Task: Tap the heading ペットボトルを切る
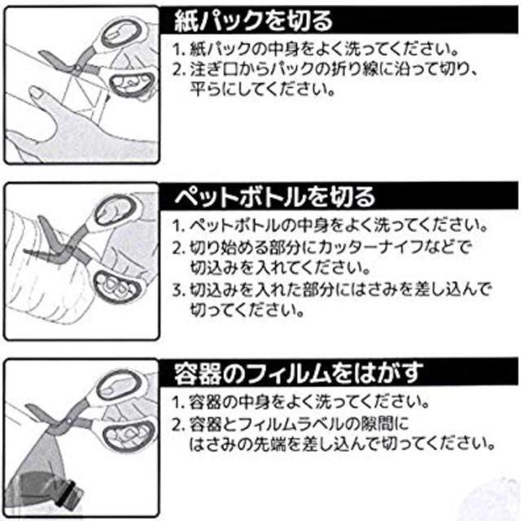point(276,196)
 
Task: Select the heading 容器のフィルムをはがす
point(300,374)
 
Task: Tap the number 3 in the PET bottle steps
point(177,290)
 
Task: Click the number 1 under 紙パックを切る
point(177,47)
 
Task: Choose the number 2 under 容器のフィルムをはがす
point(177,425)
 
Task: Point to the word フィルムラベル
point(301,425)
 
